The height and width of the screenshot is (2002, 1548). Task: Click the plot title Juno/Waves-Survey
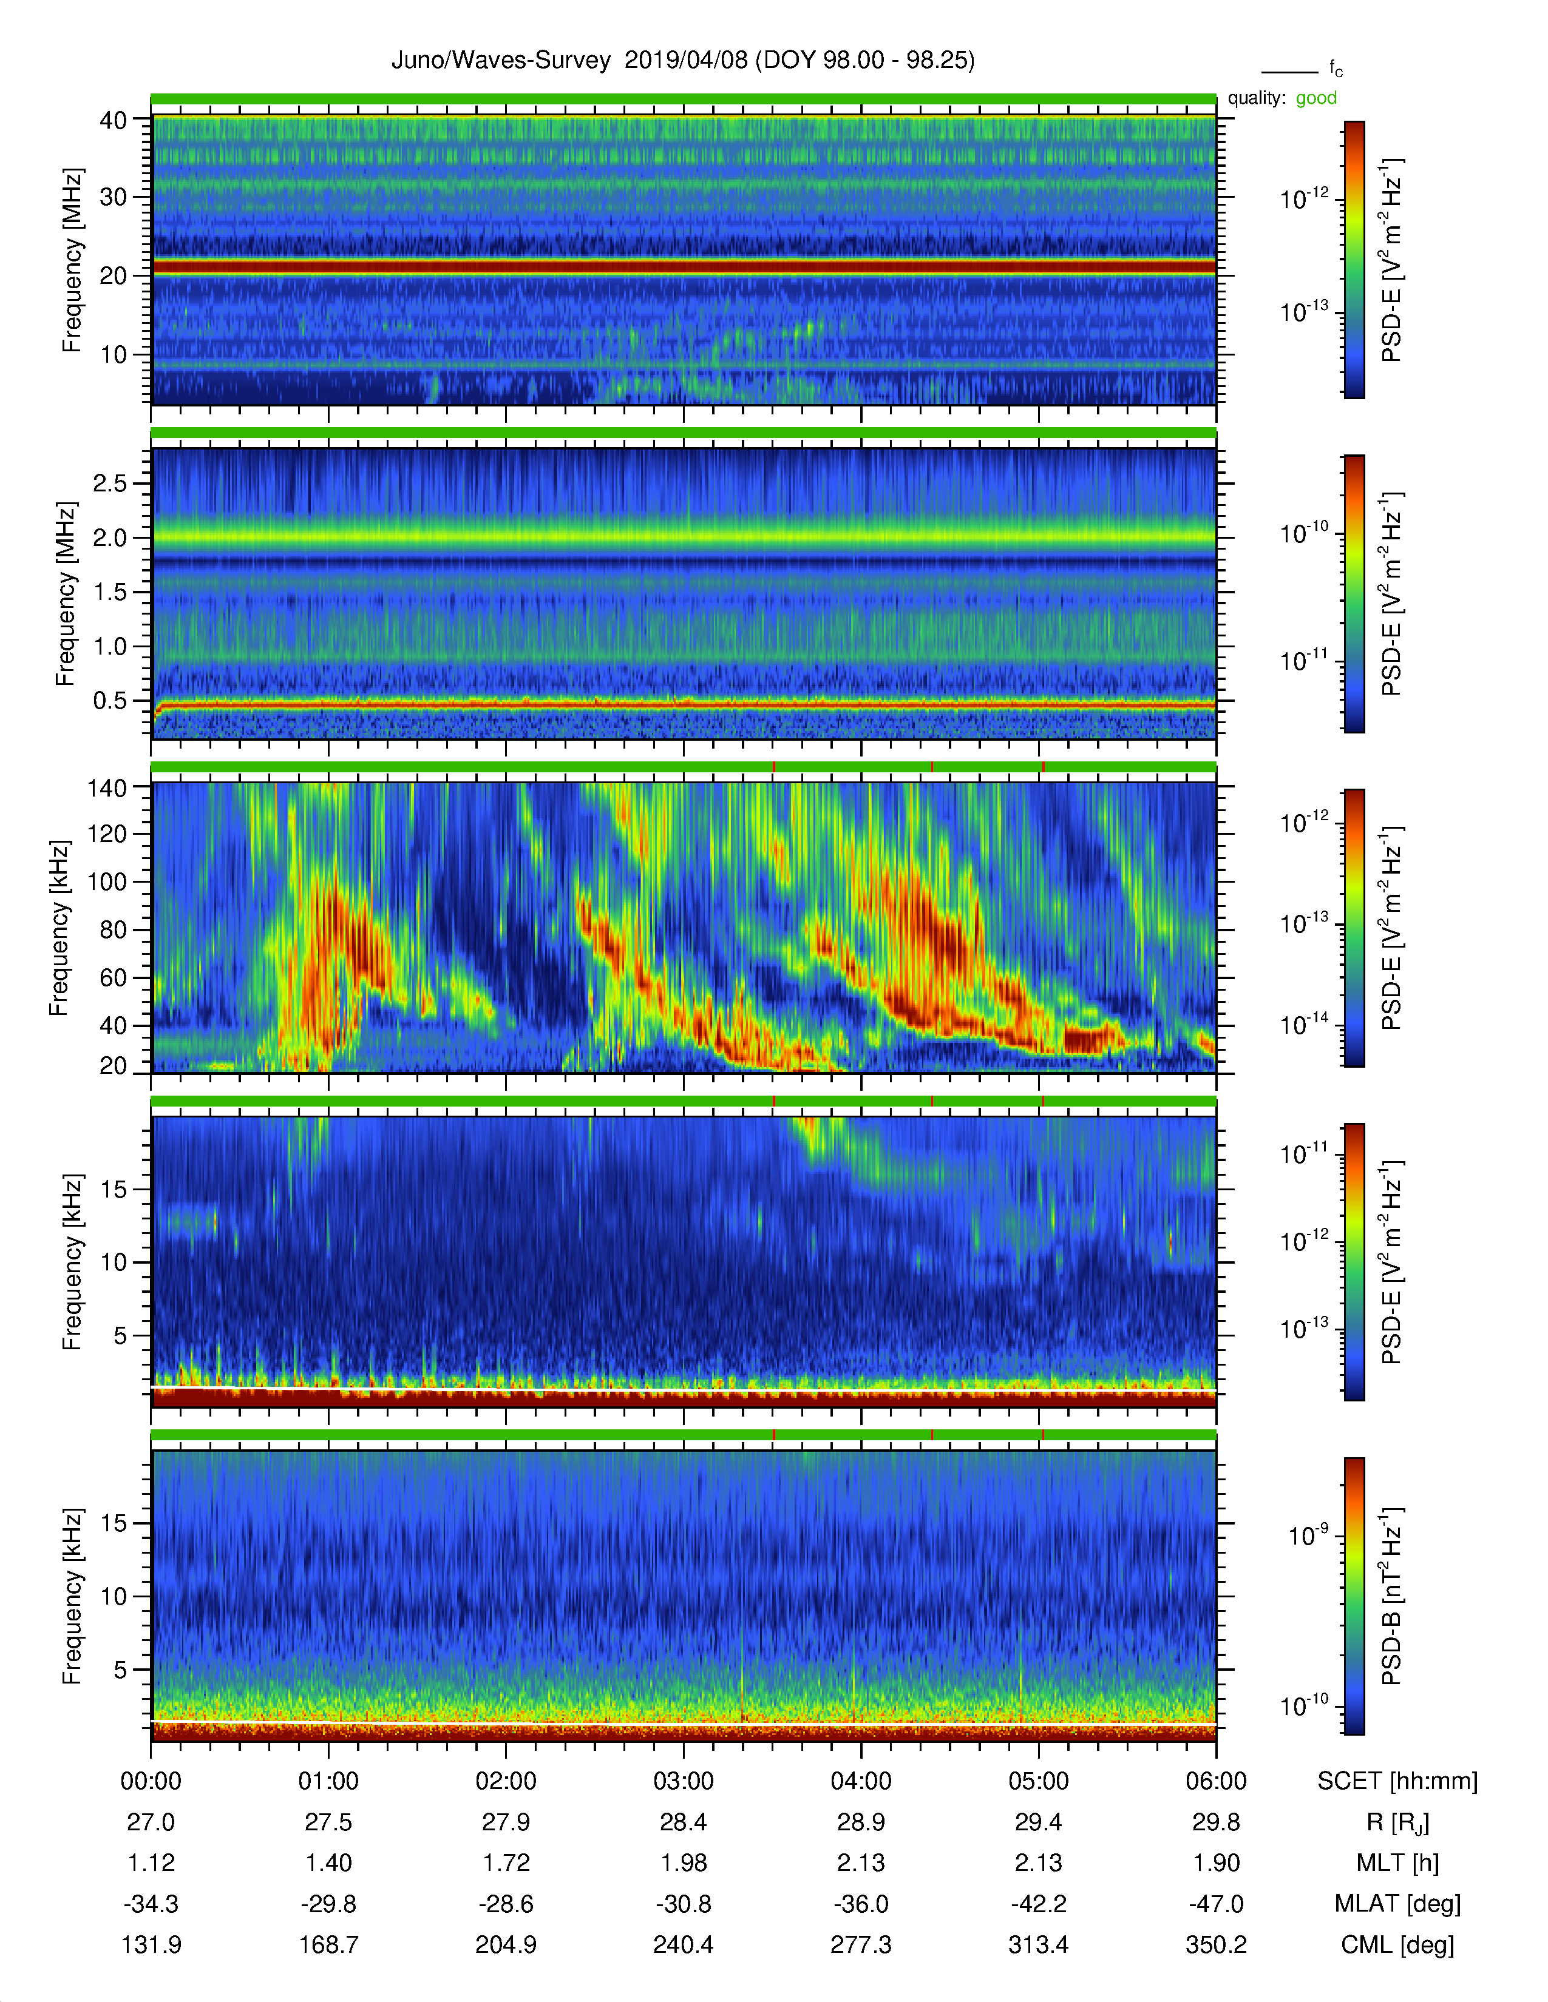click(501, 61)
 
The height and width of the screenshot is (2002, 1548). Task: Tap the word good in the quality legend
click(1316, 98)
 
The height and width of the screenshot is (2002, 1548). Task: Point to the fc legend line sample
click(1289, 72)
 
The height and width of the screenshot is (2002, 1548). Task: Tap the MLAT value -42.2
click(1038, 1904)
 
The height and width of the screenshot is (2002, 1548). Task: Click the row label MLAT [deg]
click(1397, 1904)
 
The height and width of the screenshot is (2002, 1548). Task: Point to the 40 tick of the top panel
click(114, 120)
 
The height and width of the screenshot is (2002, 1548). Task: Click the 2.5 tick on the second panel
click(110, 483)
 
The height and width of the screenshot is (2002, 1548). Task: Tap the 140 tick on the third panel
click(107, 787)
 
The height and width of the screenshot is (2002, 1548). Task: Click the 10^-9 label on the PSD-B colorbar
click(1309, 1534)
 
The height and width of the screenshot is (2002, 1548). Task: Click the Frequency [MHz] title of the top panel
click(72, 260)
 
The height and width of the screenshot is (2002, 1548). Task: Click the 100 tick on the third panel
click(107, 882)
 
